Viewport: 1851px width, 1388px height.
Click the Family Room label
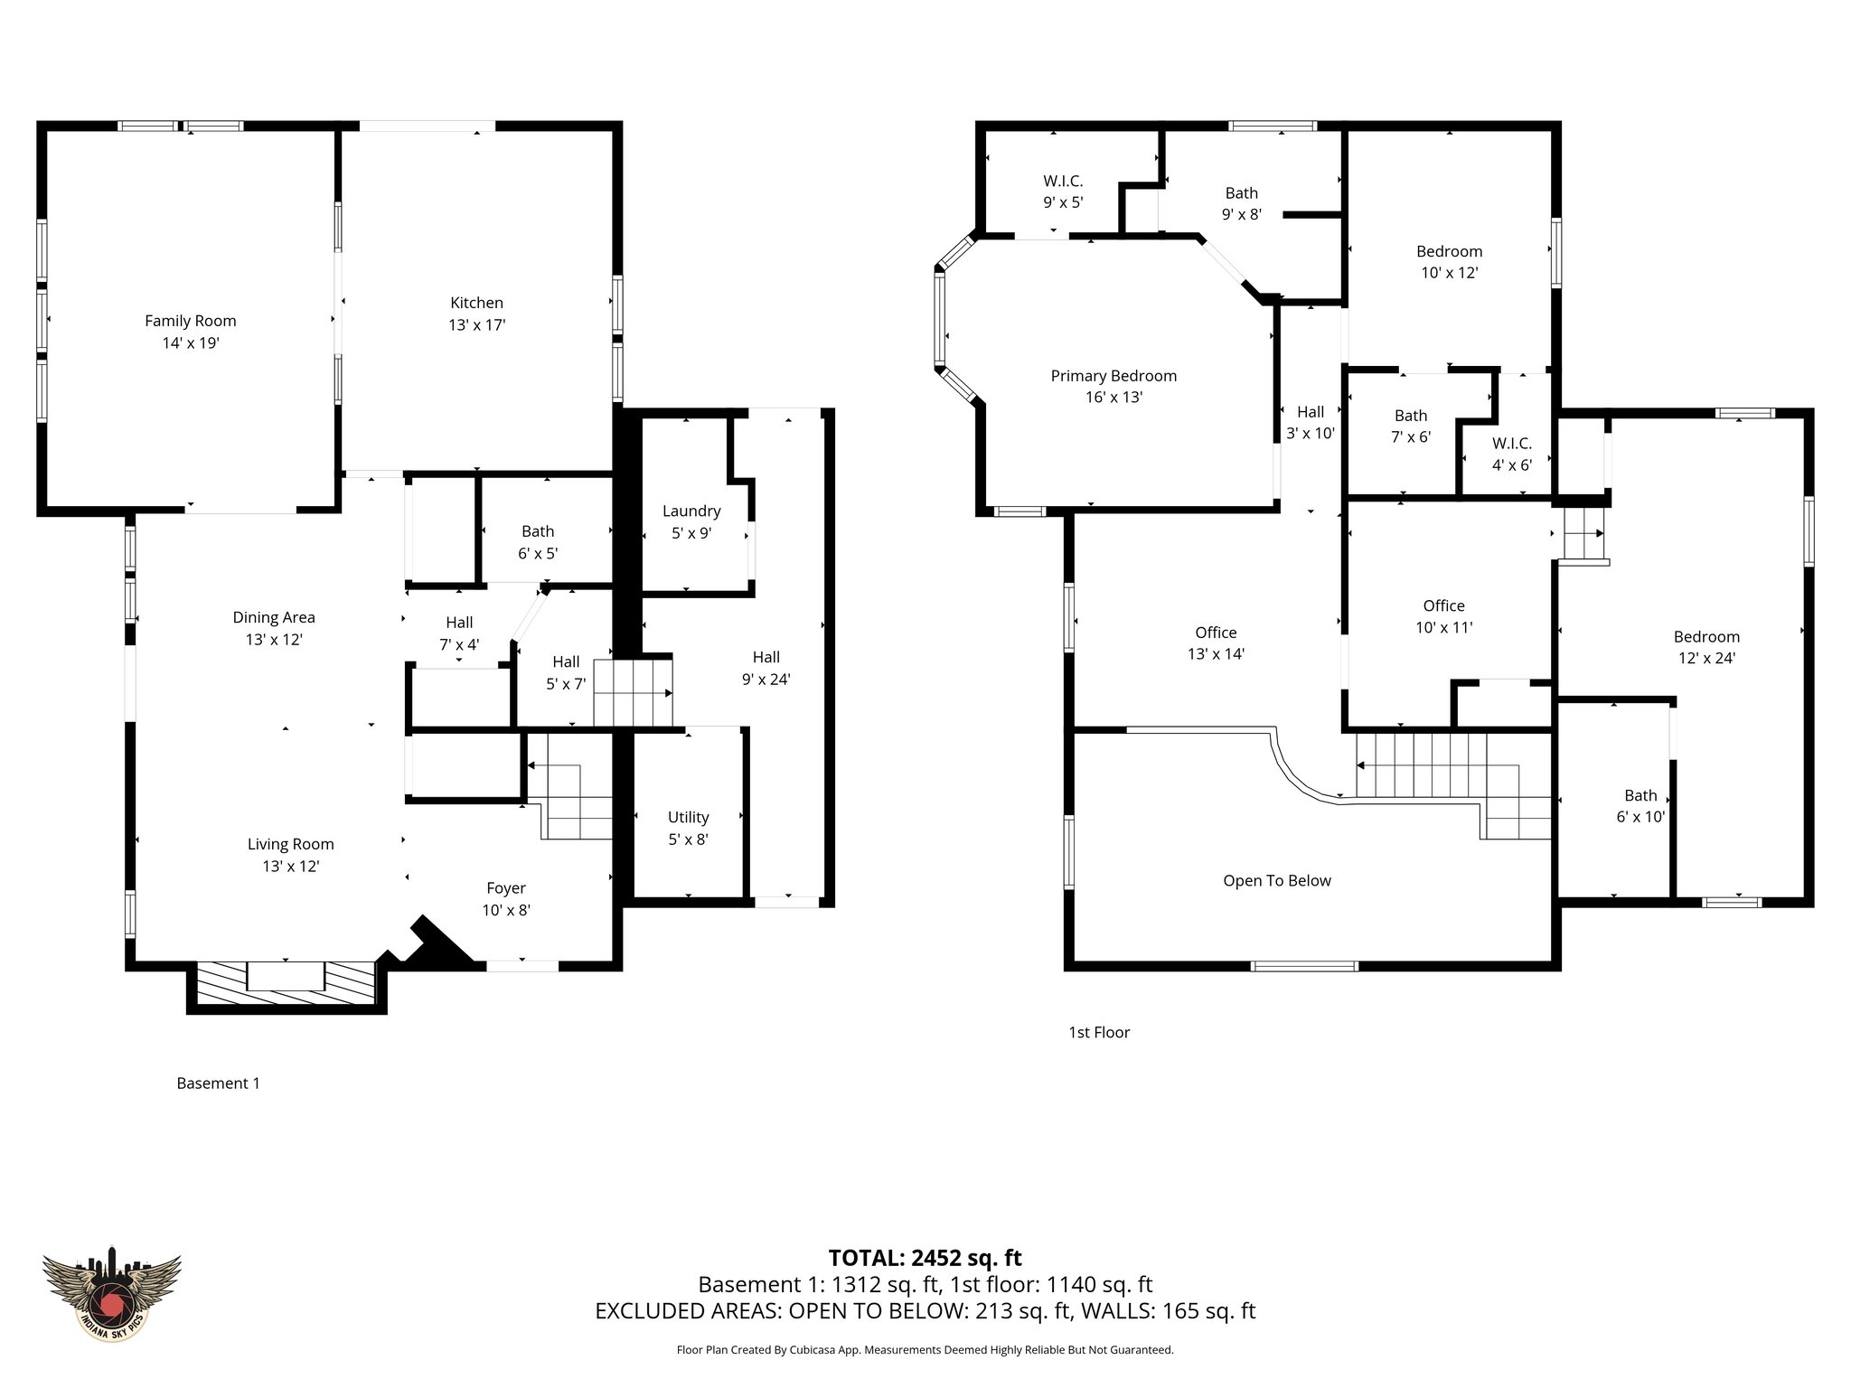point(190,321)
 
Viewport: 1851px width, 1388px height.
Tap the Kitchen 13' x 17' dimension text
point(476,325)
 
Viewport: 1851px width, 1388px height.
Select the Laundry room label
point(691,511)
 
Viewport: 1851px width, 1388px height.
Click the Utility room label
point(688,818)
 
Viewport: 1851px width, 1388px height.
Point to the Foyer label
point(505,888)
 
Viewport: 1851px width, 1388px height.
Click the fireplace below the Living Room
point(285,980)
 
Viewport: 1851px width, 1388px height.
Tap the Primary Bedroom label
point(1113,376)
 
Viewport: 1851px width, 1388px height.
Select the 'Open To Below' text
point(1276,881)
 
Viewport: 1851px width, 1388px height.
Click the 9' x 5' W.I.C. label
point(1063,192)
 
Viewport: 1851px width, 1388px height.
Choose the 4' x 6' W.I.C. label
point(1511,454)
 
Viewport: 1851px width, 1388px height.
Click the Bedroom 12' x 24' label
point(1705,647)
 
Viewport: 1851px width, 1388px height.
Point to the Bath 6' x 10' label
point(1640,806)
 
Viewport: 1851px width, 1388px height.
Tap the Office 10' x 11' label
point(1443,616)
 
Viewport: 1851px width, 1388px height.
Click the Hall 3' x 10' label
point(1310,422)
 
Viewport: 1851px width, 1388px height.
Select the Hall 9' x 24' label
point(766,668)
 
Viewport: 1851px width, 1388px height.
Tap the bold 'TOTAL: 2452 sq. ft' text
point(925,1258)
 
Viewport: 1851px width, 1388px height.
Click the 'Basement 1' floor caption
point(218,1083)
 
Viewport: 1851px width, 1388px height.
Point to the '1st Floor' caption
point(1099,1032)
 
